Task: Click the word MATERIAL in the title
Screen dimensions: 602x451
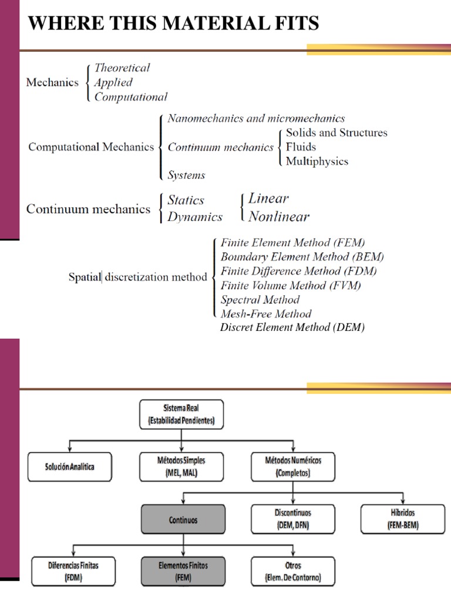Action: (x=194, y=23)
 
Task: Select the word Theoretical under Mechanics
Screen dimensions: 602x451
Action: (x=122, y=68)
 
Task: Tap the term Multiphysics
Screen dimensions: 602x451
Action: (x=317, y=161)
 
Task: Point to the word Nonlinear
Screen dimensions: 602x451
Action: (x=279, y=216)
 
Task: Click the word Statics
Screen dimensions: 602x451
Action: (x=186, y=200)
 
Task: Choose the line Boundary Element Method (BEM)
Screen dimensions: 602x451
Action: (x=302, y=257)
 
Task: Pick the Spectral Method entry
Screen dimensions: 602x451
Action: (x=260, y=300)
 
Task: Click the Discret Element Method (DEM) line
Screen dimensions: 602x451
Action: (x=292, y=328)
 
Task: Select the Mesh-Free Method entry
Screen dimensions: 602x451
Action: (x=265, y=314)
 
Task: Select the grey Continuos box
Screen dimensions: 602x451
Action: (x=182, y=520)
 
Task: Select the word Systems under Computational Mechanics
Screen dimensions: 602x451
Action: (x=187, y=175)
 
